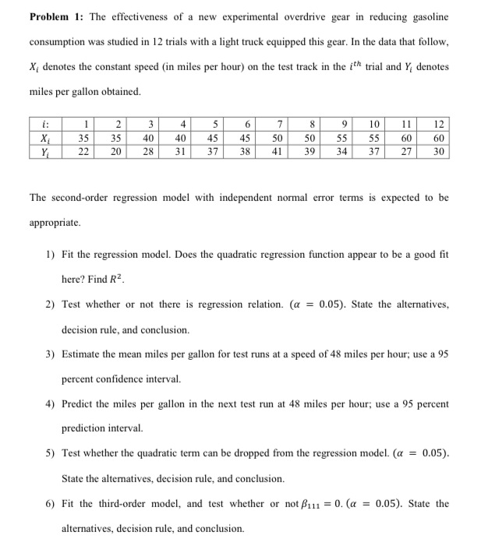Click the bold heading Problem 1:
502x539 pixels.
(55, 17)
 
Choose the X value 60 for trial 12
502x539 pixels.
(438, 139)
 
